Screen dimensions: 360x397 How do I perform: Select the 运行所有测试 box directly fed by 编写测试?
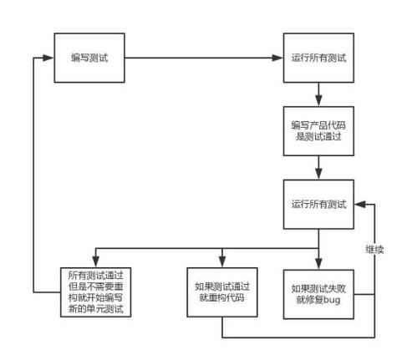point(318,58)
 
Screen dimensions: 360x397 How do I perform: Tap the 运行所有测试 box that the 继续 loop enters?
point(318,204)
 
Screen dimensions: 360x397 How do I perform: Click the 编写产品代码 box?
point(318,130)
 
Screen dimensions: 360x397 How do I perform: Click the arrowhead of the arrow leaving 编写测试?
point(279,58)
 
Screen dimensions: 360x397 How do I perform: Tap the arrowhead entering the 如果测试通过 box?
point(222,262)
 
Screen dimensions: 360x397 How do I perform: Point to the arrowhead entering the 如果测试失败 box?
point(318,262)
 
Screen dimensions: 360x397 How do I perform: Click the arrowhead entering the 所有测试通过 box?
point(94,262)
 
